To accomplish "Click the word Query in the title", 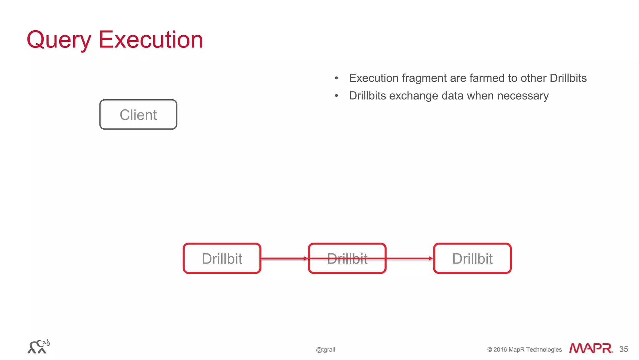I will (x=59, y=40).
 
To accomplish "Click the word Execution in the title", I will (x=151, y=40).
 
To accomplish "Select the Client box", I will (x=138, y=115).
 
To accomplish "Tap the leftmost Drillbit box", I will (x=222, y=258).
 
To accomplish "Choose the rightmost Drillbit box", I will (x=472, y=258).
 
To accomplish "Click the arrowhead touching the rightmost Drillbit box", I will (x=431, y=258).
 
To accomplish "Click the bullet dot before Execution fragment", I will (x=336, y=78).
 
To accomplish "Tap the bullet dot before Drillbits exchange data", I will (x=336, y=96).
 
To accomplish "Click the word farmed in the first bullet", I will (x=487, y=78).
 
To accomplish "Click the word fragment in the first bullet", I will (x=424, y=78).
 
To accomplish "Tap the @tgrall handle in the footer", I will (x=325, y=350).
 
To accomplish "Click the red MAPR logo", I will (x=591, y=348).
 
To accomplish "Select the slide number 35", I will (x=623, y=349).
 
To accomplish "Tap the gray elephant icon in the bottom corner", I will (x=39, y=347).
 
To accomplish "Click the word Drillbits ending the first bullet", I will (x=568, y=78).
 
